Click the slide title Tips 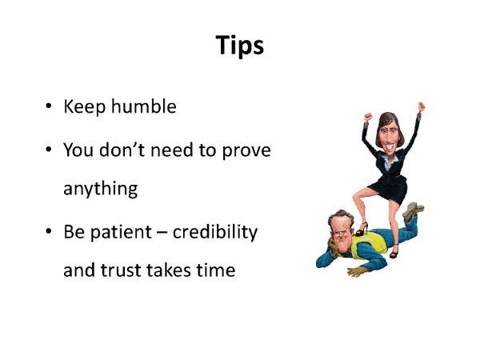click(x=240, y=46)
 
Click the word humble click(x=143, y=106)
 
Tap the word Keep click(x=85, y=107)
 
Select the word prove click(x=246, y=150)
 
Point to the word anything click(x=101, y=189)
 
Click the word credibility click(x=215, y=232)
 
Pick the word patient click(x=121, y=232)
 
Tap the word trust click(x=122, y=270)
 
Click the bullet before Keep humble click(x=48, y=106)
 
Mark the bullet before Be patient click(x=48, y=231)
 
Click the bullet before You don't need click(x=48, y=150)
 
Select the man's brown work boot click(x=414, y=211)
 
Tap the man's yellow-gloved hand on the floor click(x=357, y=271)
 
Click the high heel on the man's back click(x=362, y=229)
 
